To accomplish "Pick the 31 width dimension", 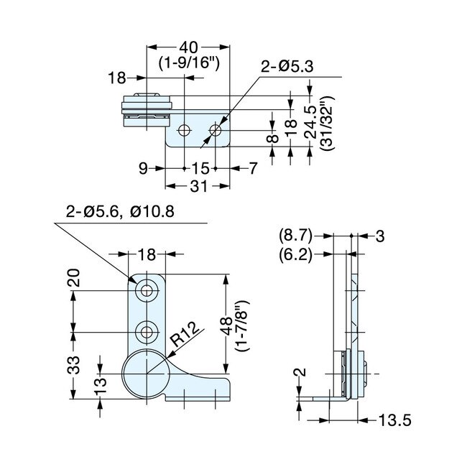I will (x=198, y=186).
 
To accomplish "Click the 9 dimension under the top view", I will (x=144, y=168).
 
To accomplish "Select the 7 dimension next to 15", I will (x=252, y=168).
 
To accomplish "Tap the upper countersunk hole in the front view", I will (x=148, y=290).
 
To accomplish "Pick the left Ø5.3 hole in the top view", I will (x=185, y=130).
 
